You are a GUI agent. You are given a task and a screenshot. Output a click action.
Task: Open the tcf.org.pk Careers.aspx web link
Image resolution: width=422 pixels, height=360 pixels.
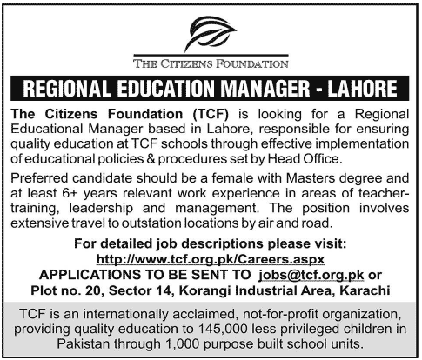pos(210,259)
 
